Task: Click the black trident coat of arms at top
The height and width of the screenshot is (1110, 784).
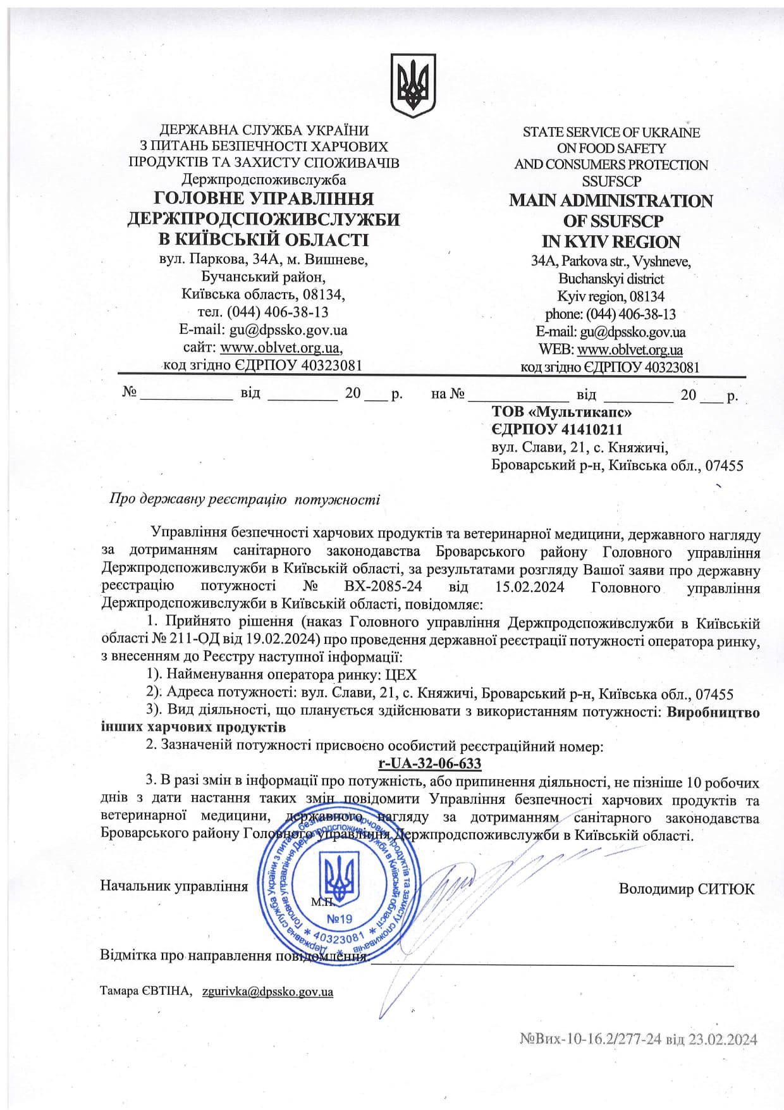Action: (x=413, y=85)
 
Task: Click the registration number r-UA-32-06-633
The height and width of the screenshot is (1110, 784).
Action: (x=429, y=763)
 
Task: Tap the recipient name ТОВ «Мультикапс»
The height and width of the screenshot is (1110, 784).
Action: (x=561, y=412)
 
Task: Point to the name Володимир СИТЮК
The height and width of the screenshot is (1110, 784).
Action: (x=686, y=889)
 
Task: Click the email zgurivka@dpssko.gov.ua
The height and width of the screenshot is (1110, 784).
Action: (x=267, y=991)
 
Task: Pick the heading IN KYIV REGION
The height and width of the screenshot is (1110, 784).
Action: (x=611, y=242)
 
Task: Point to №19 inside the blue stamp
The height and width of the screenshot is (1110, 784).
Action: (x=340, y=919)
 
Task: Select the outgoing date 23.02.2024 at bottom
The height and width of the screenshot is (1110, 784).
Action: (x=720, y=1039)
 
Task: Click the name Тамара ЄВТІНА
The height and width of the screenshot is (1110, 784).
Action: (x=145, y=991)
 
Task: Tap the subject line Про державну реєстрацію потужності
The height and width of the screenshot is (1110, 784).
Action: (x=245, y=500)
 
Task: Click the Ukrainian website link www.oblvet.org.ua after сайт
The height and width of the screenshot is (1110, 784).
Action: (x=280, y=348)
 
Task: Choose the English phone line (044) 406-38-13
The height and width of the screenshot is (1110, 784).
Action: (x=630, y=314)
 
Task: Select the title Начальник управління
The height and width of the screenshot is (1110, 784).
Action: (x=174, y=886)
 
